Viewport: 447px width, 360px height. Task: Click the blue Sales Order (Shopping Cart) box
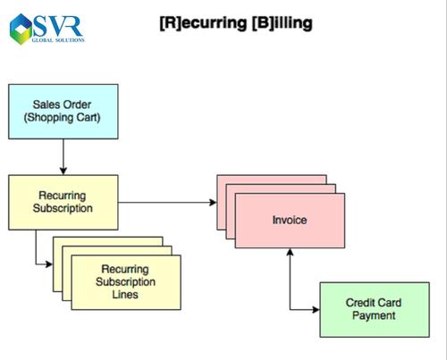[x=63, y=112]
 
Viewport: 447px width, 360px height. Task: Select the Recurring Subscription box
[x=63, y=203]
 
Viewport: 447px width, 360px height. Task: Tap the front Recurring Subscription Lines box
[x=126, y=282]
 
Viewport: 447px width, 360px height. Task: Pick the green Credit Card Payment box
[x=375, y=310]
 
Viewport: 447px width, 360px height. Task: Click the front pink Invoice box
[x=290, y=221]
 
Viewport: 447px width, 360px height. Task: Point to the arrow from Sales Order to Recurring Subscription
[x=63, y=156]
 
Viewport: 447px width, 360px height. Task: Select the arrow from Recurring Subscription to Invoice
[x=167, y=203]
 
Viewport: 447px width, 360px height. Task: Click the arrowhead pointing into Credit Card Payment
[x=316, y=310]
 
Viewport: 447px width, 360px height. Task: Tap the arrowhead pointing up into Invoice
[x=290, y=252]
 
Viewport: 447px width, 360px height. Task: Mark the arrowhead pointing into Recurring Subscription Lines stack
[x=49, y=264]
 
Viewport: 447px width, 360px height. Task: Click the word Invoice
[x=290, y=220]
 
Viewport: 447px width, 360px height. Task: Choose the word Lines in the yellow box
[x=125, y=295]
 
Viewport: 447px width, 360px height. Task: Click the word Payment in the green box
[x=374, y=315]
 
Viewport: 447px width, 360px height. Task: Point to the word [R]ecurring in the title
[x=204, y=23]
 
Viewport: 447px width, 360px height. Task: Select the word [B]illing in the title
[x=282, y=23]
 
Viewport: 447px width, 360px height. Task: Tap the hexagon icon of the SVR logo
[x=21, y=29]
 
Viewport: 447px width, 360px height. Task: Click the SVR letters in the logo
[x=58, y=26]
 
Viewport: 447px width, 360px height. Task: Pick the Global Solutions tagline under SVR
[x=58, y=40]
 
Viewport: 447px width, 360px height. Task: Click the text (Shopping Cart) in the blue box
[x=62, y=118]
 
